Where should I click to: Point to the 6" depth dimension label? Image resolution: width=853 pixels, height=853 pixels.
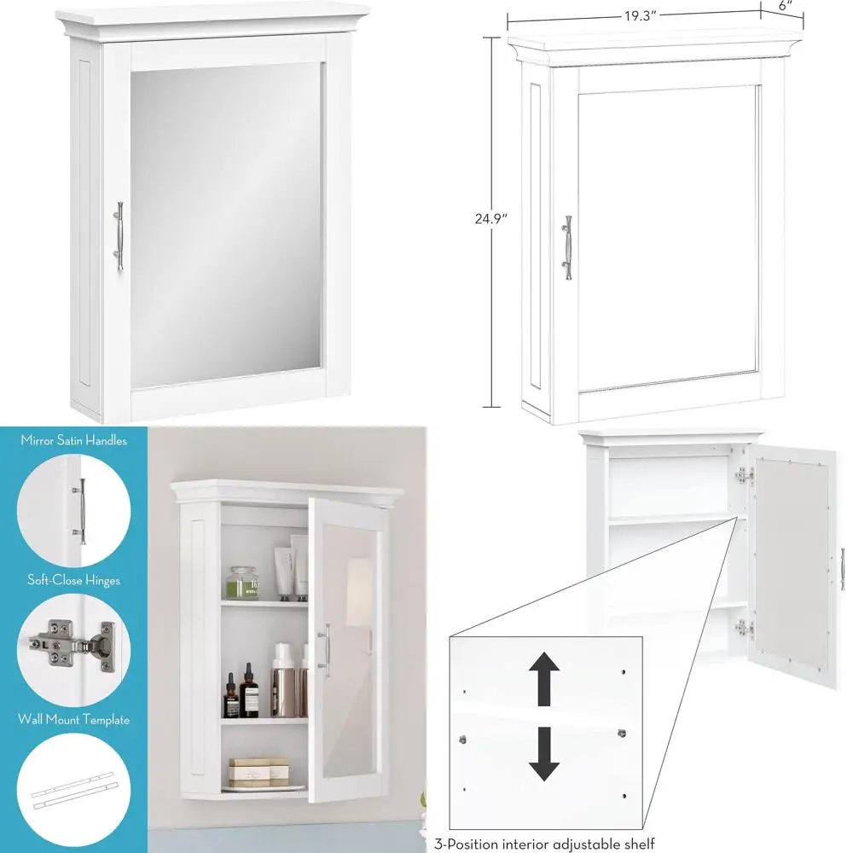785,5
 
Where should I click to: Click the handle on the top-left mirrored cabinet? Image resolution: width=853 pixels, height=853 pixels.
119,236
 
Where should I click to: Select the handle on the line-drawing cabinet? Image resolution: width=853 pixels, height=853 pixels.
567,247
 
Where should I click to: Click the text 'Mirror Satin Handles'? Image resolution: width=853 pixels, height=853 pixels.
73,441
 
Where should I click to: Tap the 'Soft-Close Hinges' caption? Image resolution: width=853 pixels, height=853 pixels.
73,580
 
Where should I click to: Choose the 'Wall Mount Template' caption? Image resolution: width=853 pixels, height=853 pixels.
73,719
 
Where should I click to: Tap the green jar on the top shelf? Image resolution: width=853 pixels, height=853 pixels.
241,583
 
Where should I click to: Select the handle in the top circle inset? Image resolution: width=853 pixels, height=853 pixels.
83,510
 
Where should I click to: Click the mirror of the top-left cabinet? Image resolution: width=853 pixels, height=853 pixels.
226,222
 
